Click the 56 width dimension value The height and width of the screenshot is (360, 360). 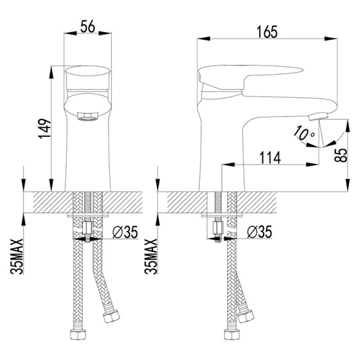[88, 26]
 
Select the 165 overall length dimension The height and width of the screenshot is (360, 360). [267, 32]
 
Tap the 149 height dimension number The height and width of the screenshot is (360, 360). [44, 128]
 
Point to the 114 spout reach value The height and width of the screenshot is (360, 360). [270, 158]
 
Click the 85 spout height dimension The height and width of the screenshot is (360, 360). [341, 155]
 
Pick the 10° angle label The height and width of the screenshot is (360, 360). [304, 133]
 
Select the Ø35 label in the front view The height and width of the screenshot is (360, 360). [125, 232]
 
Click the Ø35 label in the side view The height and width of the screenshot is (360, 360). [259, 232]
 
